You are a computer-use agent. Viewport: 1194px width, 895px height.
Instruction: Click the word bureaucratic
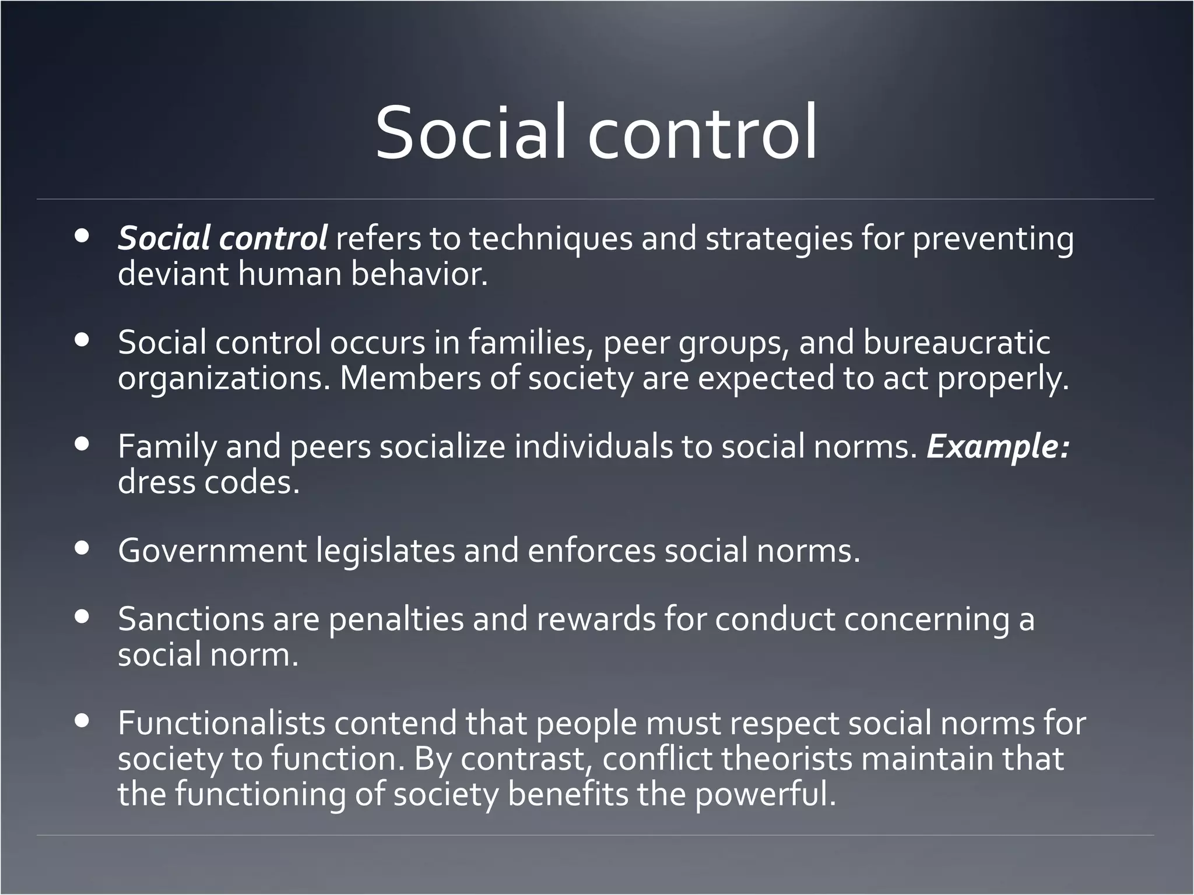(x=956, y=343)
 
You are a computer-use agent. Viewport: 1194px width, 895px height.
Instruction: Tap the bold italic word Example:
(x=998, y=447)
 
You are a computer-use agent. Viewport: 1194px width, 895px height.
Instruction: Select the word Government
(x=212, y=551)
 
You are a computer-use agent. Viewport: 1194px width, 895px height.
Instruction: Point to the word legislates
(x=385, y=551)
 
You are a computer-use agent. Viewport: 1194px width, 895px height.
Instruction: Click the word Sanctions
(x=191, y=619)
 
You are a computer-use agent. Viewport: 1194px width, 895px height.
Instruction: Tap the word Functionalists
(x=222, y=723)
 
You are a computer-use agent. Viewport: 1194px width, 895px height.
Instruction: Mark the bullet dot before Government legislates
(x=82, y=548)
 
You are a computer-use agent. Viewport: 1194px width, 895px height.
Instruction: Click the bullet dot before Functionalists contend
(x=82, y=721)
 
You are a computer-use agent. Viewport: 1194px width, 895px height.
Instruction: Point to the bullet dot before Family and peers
(x=82, y=445)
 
